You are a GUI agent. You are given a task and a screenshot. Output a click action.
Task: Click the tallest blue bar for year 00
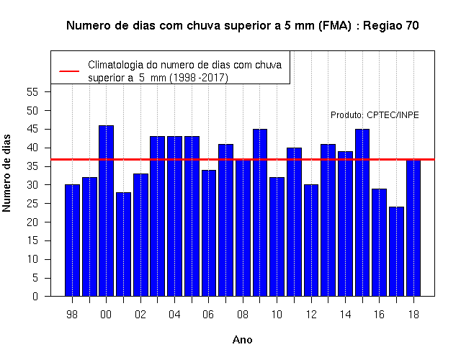[106, 211]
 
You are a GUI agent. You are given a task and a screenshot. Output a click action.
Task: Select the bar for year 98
[72, 240]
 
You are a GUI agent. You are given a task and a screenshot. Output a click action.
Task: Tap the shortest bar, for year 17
[396, 251]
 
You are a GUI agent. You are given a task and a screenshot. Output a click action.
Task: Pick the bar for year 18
[413, 228]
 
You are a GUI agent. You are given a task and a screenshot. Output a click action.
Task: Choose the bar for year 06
[209, 233]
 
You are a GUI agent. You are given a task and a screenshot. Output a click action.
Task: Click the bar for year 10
[277, 237]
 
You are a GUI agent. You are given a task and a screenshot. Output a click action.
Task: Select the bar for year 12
[311, 240]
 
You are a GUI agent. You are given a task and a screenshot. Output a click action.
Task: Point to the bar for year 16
[380, 243]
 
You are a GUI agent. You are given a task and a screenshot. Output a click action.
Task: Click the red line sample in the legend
[69, 71]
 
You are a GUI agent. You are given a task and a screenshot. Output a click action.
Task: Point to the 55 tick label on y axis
[32, 92]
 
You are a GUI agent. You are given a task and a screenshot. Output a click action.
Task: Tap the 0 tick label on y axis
[35, 296]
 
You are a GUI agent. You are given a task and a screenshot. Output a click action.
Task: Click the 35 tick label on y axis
[32, 166]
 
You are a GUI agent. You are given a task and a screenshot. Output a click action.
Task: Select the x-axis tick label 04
[174, 315]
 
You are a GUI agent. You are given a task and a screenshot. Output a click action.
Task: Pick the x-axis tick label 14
[345, 315]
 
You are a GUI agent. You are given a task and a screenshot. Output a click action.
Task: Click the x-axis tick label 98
[72, 315]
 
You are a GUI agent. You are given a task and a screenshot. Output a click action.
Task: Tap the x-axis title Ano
[242, 340]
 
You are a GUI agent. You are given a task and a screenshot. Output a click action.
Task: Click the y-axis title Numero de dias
[6, 173]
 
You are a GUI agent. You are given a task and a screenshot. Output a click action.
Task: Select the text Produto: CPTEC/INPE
[375, 115]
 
